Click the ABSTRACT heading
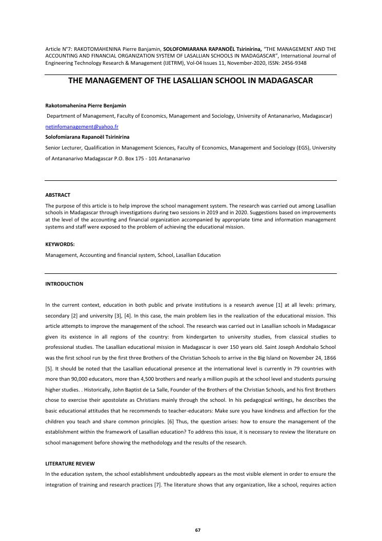(x=58, y=195)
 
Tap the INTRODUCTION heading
(x=64, y=284)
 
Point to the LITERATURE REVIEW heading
(x=70, y=463)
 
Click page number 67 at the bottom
(x=198, y=530)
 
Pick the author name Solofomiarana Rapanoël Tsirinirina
(x=87, y=137)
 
